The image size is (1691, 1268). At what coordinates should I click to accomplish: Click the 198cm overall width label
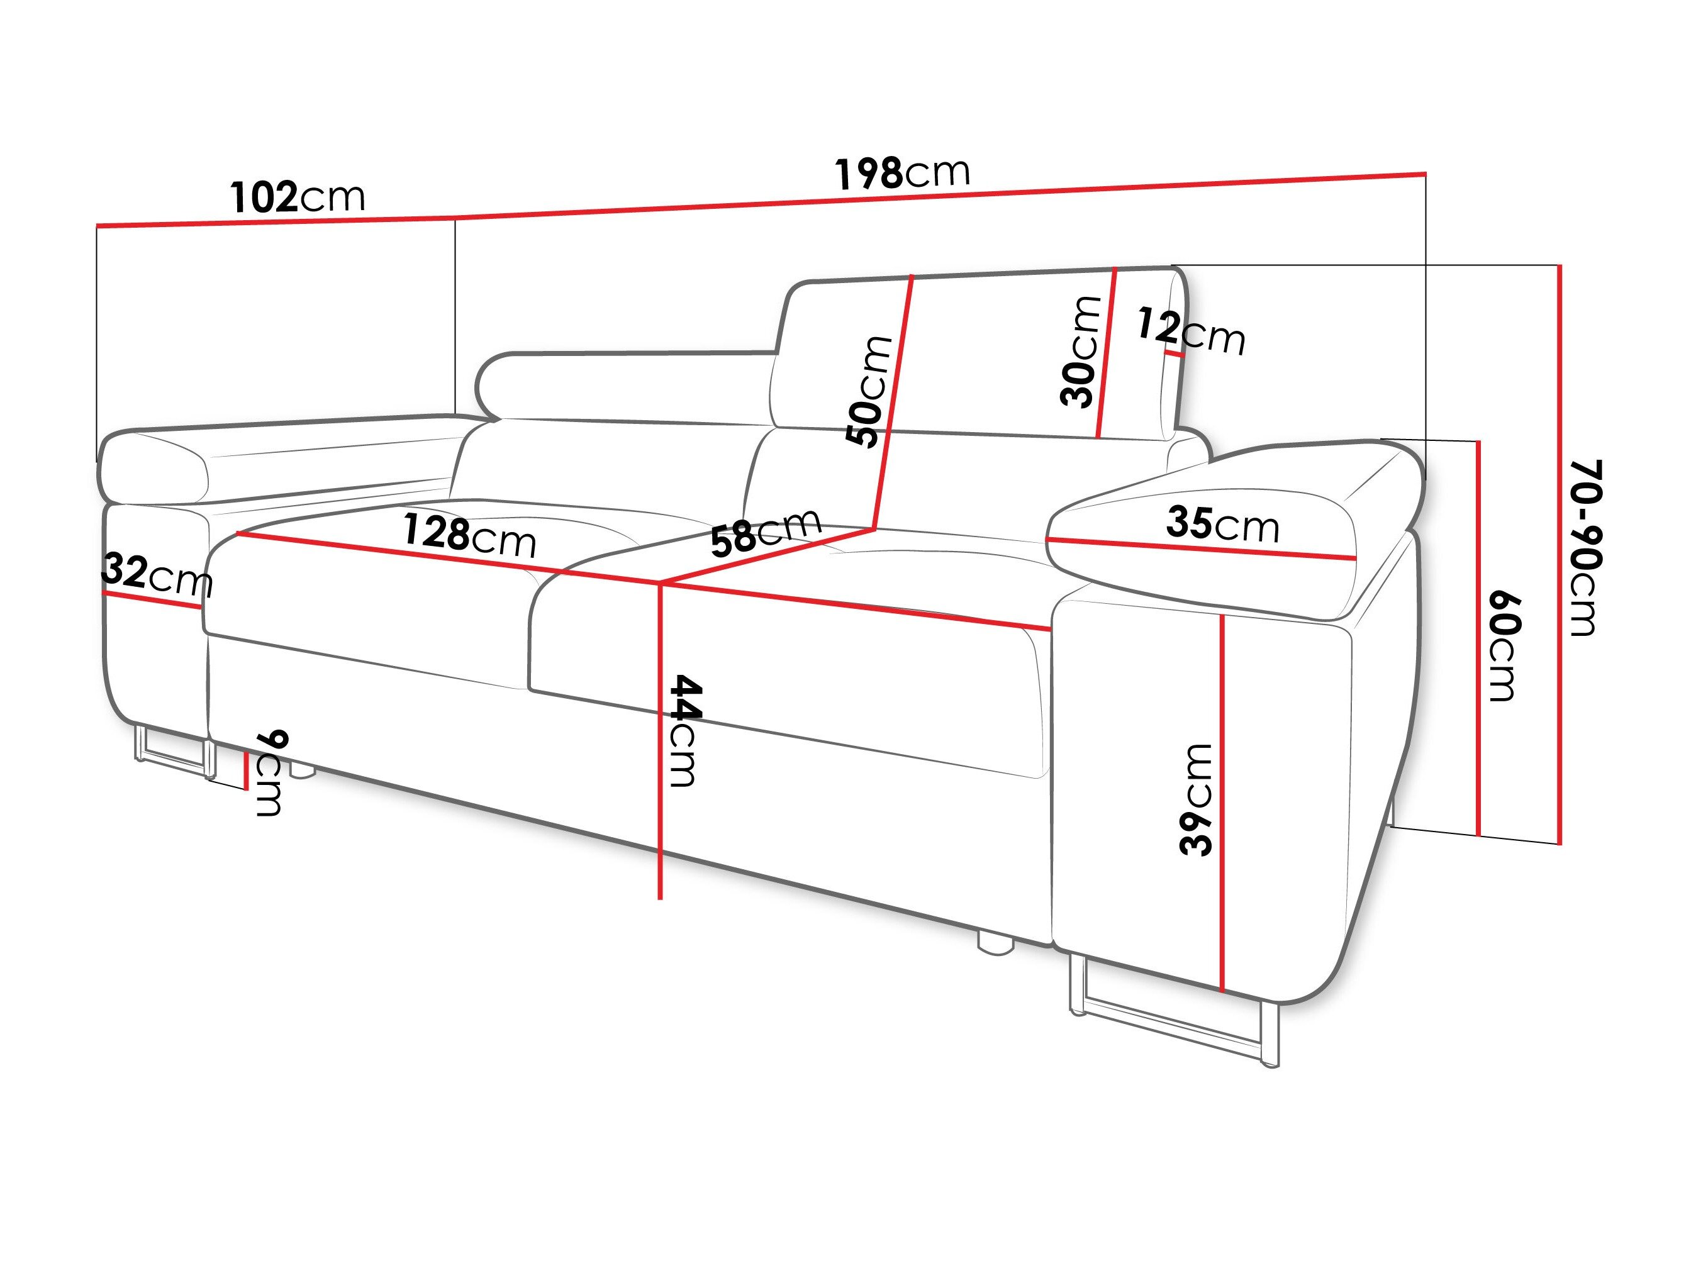[x=902, y=173]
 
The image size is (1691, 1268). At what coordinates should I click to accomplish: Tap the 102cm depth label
[x=298, y=197]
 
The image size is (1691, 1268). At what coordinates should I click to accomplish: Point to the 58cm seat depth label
[x=765, y=531]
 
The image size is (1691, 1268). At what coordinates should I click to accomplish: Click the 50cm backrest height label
[x=869, y=391]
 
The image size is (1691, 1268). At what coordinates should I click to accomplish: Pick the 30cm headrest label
[x=1080, y=351]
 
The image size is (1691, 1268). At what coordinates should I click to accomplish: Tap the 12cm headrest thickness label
[x=1190, y=331]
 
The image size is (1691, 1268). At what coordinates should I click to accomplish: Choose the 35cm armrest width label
[x=1222, y=525]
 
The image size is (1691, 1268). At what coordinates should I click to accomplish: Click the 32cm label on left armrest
[x=157, y=575]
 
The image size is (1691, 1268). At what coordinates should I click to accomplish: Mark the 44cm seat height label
[x=683, y=730]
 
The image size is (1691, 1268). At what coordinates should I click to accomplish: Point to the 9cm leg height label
[x=270, y=773]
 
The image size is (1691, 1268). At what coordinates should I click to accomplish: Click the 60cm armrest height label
[x=1503, y=646]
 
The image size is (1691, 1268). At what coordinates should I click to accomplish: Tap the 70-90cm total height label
[x=1584, y=547]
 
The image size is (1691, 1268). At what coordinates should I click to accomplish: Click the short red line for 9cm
[x=246, y=770]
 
